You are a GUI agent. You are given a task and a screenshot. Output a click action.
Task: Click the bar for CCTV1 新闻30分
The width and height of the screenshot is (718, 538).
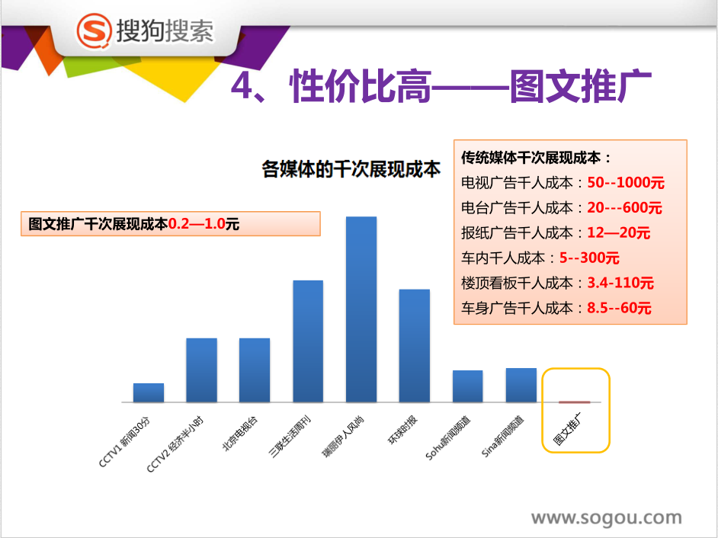point(149,393)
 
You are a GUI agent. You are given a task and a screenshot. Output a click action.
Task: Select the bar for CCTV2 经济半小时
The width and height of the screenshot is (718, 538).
point(201,370)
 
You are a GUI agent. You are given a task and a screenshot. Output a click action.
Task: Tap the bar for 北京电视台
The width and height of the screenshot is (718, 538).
point(255,370)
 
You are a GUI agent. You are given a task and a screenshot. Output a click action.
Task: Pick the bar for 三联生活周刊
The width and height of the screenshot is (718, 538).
point(308,341)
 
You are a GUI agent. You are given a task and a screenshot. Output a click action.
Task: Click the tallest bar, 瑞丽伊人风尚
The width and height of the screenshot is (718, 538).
point(361,309)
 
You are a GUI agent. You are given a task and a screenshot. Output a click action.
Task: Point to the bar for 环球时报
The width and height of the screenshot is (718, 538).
point(415,346)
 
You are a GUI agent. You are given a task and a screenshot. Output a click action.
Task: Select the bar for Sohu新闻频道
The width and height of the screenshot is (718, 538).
point(467,386)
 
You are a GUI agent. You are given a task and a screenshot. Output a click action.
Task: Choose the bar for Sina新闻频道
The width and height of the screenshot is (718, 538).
point(521,386)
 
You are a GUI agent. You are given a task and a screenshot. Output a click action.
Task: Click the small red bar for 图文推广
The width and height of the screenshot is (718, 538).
point(574,402)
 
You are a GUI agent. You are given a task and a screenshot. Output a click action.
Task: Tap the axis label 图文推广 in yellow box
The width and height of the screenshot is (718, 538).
point(567,429)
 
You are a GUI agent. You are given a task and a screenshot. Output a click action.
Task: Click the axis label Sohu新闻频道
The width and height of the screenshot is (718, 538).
point(448,438)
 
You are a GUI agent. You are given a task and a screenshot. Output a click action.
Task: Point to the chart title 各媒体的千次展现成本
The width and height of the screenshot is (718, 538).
point(351,169)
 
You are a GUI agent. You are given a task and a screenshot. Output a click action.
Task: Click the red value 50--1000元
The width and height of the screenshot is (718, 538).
point(626,183)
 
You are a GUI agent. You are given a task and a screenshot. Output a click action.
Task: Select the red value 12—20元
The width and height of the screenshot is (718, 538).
point(618,232)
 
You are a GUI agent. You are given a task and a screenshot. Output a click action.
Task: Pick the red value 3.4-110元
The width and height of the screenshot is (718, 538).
point(620,283)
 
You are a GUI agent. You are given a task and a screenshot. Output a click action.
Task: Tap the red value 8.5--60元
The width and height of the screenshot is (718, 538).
point(619,308)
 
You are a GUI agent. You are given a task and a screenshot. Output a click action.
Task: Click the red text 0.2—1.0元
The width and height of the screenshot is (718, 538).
point(204,224)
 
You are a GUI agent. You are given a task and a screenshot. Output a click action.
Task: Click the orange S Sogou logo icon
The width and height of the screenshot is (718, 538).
point(95,30)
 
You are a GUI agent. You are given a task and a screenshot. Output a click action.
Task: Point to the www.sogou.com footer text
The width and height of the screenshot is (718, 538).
point(606,518)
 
